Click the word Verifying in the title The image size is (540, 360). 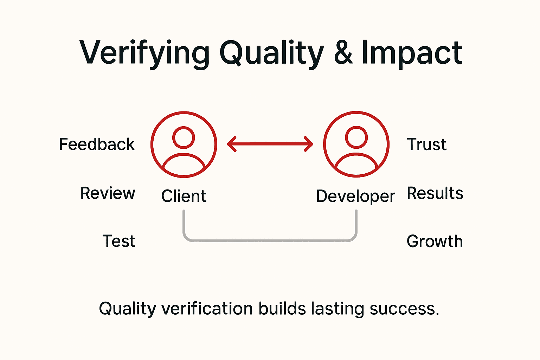click(x=144, y=53)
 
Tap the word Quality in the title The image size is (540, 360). click(x=271, y=53)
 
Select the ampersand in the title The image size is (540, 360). click(x=343, y=53)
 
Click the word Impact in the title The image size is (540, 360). click(x=412, y=53)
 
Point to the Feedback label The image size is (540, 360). click(x=97, y=144)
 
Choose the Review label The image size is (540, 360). click(x=108, y=193)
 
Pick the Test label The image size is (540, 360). click(x=119, y=242)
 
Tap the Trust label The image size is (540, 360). click(x=426, y=144)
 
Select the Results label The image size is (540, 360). click(x=435, y=193)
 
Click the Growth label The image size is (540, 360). click(x=435, y=242)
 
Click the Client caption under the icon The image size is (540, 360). click(x=184, y=196)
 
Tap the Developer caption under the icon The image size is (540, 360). click(x=355, y=197)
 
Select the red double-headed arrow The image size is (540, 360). click(x=270, y=144)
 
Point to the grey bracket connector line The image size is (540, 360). click(x=270, y=241)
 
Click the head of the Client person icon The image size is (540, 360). click(x=184, y=137)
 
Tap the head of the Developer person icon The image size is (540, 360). click(x=356, y=137)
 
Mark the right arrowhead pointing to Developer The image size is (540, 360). click(x=309, y=144)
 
